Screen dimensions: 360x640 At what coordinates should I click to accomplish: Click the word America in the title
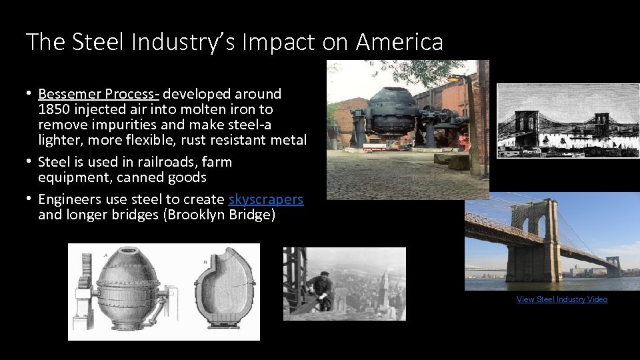click(399, 42)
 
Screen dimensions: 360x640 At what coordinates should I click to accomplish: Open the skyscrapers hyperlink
click(266, 199)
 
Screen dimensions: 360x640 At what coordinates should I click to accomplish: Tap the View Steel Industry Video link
click(562, 299)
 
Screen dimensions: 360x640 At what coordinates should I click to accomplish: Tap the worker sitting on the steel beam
click(322, 289)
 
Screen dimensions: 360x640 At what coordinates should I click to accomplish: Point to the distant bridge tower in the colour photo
click(613, 266)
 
